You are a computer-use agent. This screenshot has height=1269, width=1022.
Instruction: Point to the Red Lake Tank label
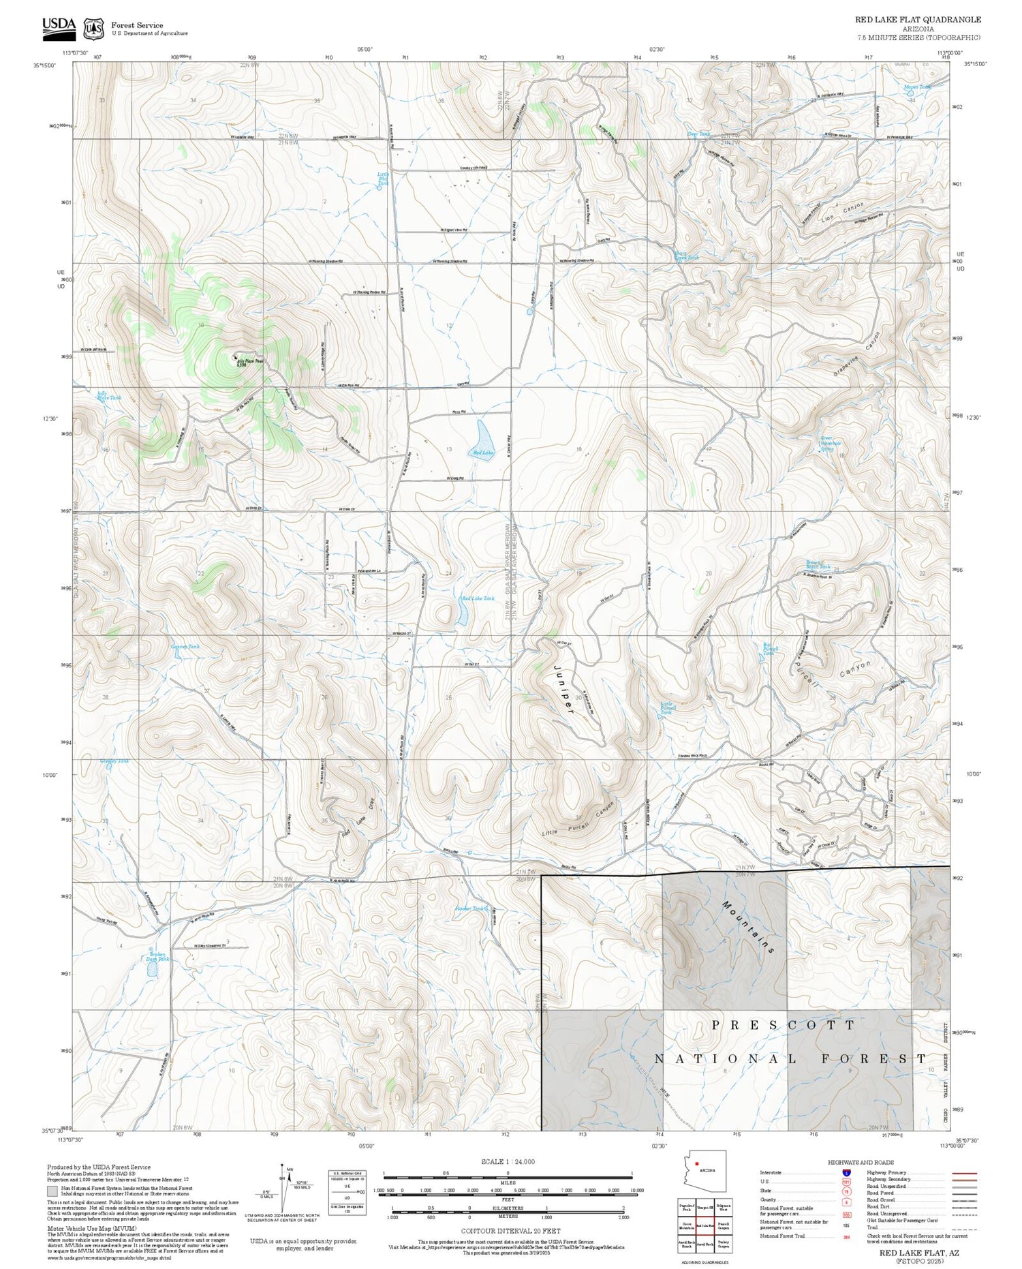(x=478, y=598)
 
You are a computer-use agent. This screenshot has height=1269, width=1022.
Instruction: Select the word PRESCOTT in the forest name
(x=783, y=1024)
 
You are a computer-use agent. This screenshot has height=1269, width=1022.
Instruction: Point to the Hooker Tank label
(x=471, y=908)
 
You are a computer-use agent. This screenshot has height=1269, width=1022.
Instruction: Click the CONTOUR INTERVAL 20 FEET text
(x=510, y=1231)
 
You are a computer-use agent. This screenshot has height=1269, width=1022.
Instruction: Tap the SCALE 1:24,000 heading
(x=508, y=1161)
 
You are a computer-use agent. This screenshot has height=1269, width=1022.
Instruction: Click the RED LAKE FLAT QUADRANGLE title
(x=918, y=20)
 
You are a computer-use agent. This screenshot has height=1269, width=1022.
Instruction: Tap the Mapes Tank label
(x=916, y=87)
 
